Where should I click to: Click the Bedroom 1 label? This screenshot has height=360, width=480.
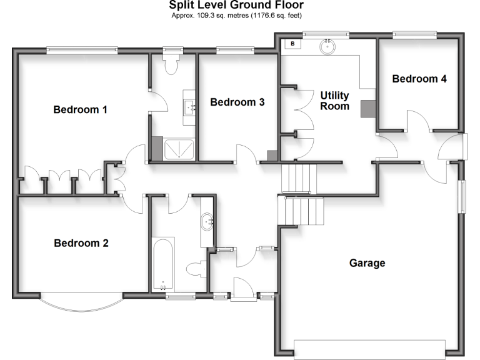click(x=80, y=110)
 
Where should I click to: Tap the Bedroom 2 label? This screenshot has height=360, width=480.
click(x=81, y=243)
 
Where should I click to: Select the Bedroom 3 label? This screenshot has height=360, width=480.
click(x=237, y=102)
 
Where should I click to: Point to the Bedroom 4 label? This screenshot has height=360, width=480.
click(x=419, y=79)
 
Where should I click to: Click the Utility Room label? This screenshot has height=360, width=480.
click(x=335, y=101)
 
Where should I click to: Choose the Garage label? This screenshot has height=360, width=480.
click(x=367, y=263)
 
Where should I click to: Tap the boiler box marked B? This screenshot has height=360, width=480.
click(x=292, y=44)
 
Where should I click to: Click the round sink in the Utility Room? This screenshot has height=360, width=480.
click(x=327, y=46)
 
